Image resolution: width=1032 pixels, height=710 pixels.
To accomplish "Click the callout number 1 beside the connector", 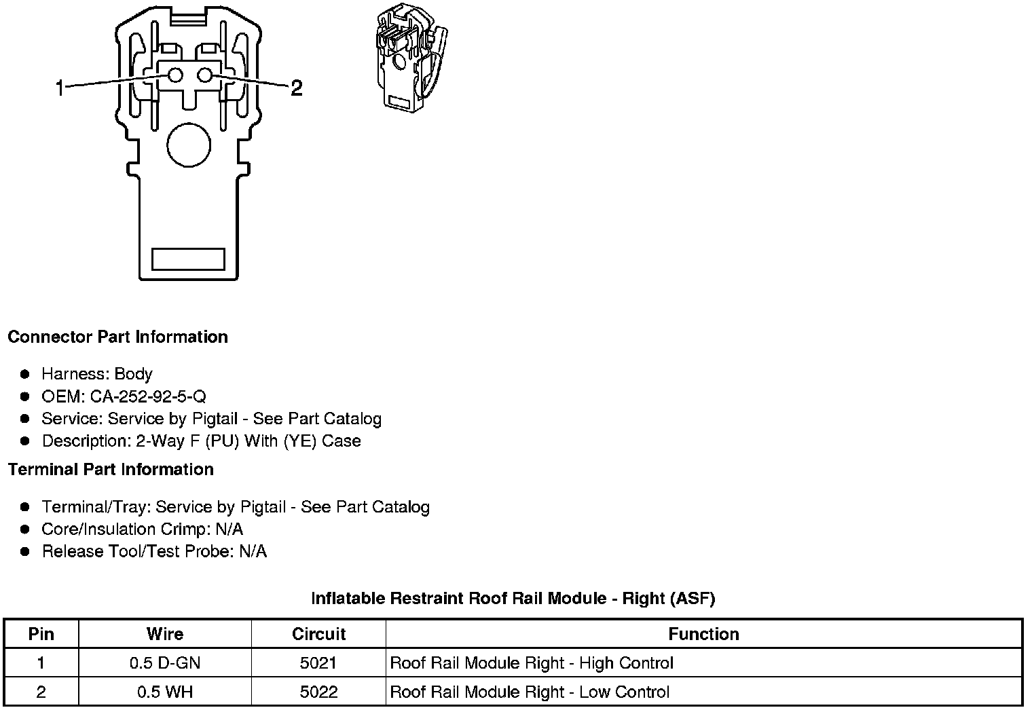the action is (60, 88).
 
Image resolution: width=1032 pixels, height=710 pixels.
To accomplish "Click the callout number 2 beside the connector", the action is (296, 88).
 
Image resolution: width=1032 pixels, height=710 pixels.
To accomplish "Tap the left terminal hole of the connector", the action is (175, 75).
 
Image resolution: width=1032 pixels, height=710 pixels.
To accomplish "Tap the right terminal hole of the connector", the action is (205, 75).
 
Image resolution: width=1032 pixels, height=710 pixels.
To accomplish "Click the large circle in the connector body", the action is (189, 145).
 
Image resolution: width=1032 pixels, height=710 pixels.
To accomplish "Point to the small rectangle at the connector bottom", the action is (188, 259).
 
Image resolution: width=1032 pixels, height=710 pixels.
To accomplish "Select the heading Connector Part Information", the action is (117, 337).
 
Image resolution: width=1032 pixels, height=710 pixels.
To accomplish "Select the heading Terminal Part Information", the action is (111, 470).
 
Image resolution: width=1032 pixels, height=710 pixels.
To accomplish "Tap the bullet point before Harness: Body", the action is (26, 374).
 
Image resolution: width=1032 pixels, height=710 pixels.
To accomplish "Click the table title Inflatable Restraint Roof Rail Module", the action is (513, 599).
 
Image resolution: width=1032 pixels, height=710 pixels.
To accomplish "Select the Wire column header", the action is (165, 634).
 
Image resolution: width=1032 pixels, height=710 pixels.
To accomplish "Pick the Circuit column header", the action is (318, 634).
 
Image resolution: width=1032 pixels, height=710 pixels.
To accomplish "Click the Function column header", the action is (703, 634).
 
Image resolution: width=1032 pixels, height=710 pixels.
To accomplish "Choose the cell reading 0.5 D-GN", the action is (165, 663).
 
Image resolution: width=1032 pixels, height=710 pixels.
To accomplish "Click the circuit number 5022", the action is (318, 692).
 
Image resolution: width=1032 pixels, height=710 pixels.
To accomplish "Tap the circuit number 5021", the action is (318, 663).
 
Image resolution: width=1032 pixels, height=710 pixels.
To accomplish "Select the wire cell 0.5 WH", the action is (165, 692).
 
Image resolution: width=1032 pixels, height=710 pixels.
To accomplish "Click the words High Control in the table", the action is (626, 663).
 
